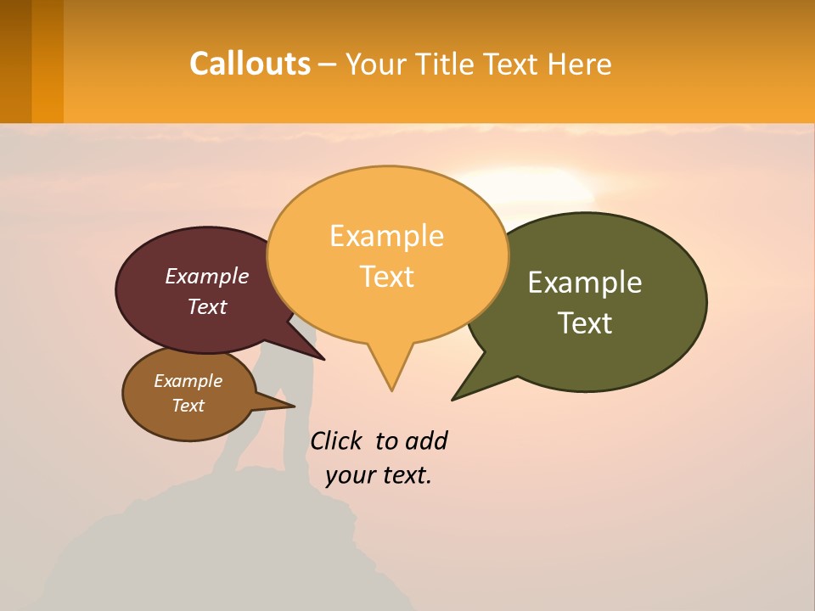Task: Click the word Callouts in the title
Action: pyautogui.click(x=250, y=64)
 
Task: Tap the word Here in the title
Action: pyautogui.click(x=580, y=64)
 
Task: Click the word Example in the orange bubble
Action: pyautogui.click(x=387, y=236)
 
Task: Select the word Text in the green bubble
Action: pyautogui.click(x=586, y=323)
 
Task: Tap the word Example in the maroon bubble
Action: pyautogui.click(x=207, y=276)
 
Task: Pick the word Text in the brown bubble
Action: pyautogui.click(x=188, y=406)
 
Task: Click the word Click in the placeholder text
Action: pyautogui.click(x=336, y=441)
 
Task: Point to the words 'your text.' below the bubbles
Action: pyautogui.click(x=379, y=475)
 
